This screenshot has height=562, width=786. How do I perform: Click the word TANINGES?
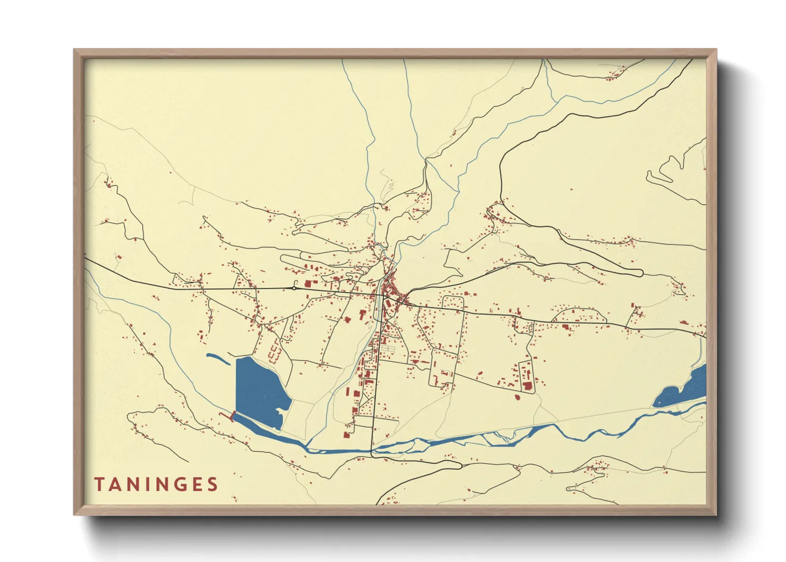[x=156, y=484]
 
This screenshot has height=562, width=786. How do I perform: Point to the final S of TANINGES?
[x=212, y=484]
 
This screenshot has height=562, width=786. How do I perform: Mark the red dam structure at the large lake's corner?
[x=231, y=416]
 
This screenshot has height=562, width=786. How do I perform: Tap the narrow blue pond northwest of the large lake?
[x=217, y=359]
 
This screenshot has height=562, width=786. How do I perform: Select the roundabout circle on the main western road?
[x=294, y=288]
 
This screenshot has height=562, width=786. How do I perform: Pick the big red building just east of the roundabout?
[x=308, y=285]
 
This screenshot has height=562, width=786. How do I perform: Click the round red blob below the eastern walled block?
[x=518, y=396]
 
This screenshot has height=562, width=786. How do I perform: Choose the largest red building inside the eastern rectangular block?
[x=527, y=385]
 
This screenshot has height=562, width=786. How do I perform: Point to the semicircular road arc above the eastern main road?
[x=579, y=313]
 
